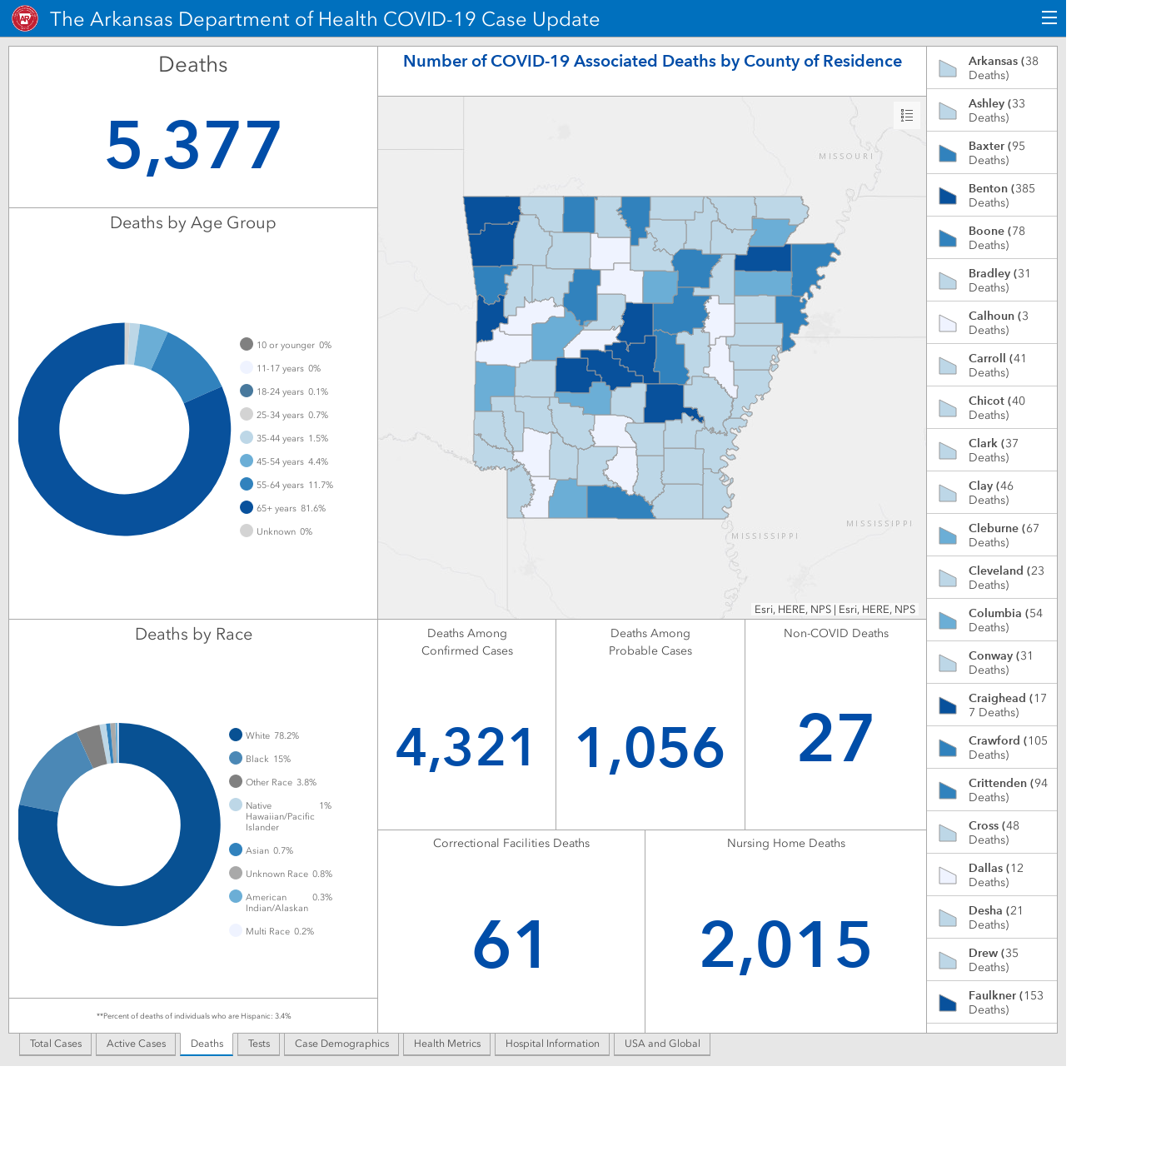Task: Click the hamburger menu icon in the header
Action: [x=1049, y=18]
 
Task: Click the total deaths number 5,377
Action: [x=193, y=145]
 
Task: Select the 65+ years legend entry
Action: [x=282, y=508]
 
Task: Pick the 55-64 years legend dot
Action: [x=247, y=485]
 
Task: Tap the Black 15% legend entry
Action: [x=260, y=759]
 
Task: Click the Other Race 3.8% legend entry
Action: [x=273, y=782]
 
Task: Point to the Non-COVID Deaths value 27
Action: [x=835, y=738]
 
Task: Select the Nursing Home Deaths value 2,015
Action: [x=785, y=944]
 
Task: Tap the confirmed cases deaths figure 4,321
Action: [x=466, y=748]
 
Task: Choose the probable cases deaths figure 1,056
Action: [x=650, y=749]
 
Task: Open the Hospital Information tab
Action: [x=552, y=1044]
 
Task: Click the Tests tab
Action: [x=259, y=1044]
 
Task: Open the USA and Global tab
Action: [x=662, y=1044]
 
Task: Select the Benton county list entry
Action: [x=992, y=195]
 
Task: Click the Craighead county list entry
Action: [x=992, y=705]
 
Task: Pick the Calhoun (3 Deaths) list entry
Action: [x=992, y=322]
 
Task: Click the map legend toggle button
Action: [x=906, y=116]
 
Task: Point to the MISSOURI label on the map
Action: [x=846, y=156]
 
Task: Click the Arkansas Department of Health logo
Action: [x=25, y=19]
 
